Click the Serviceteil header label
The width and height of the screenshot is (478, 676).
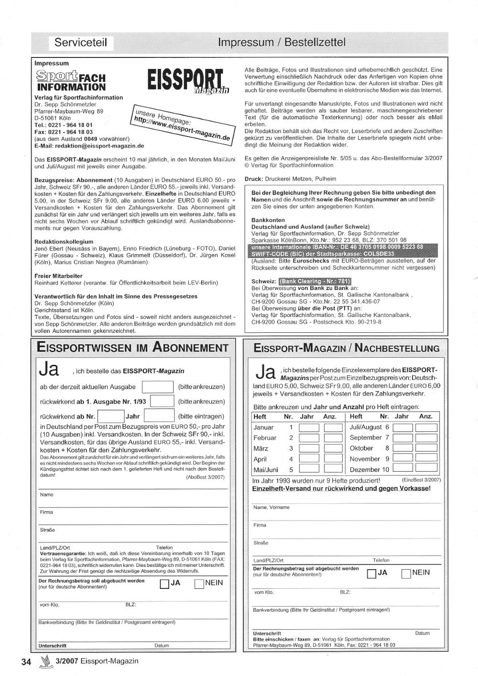tap(80, 43)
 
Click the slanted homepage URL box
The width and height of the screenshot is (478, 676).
tap(182, 123)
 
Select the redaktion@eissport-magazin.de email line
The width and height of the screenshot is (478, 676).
tap(89, 146)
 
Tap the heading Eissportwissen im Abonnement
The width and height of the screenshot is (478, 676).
tap(132, 348)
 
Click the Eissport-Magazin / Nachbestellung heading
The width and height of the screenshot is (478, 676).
tap(347, 348)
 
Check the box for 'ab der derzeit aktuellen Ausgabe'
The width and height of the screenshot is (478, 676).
tap(158, 387)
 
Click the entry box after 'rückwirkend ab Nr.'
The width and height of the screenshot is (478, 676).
tap(111, 416)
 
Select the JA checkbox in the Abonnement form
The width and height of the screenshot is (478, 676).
tap(164, 584)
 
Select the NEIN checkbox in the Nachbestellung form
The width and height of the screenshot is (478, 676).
tap(406, 574)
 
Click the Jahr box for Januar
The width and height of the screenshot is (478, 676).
tap(309, 428)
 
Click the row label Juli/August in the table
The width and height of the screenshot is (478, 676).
tap(366, 427)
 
